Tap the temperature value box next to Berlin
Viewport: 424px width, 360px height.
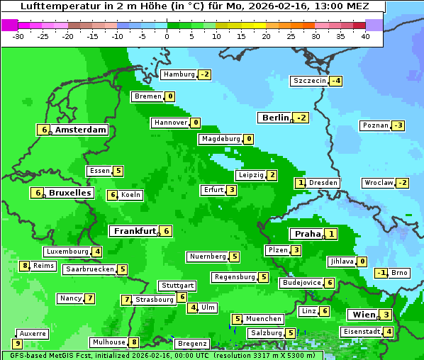302,118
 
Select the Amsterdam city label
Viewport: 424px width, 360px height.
81,130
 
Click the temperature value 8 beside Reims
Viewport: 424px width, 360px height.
25,266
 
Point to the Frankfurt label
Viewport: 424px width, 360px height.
135,231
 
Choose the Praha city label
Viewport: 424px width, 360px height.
308,234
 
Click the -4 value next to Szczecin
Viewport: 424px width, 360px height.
336,81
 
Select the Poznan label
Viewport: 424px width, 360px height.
375,125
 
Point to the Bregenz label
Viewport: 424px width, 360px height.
192,344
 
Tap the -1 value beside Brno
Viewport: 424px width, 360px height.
381,273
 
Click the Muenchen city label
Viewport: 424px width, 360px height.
264,319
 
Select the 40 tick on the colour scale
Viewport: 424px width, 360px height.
365,36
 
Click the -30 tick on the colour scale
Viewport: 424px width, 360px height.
18,36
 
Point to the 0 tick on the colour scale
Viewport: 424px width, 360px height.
167,36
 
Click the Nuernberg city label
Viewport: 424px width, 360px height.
208,257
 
